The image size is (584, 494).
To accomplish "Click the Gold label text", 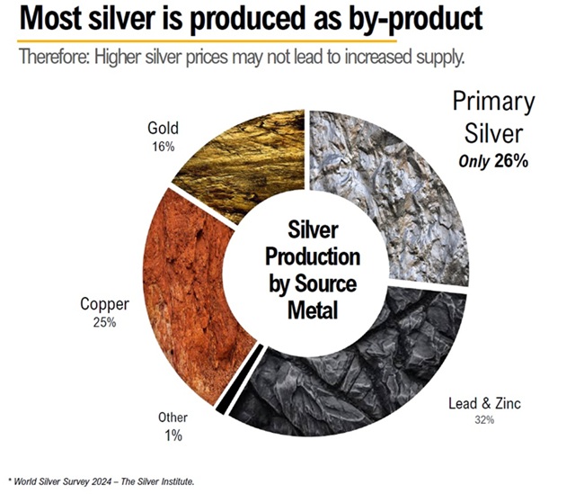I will (x=163, y=129).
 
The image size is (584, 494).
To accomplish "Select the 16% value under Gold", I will (x=163, y=145).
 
